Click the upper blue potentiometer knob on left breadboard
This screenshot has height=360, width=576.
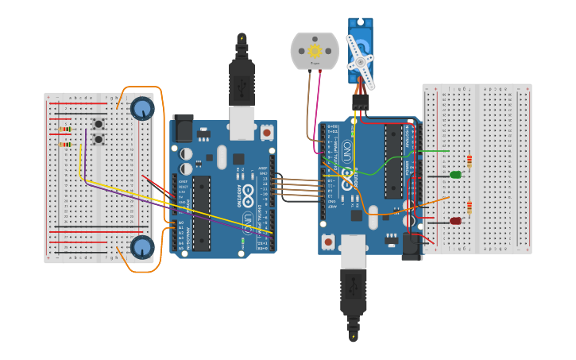pyautogui.click(x=142, y=108)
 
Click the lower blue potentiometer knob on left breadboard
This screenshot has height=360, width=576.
pyautogui.click(x=142, y=247)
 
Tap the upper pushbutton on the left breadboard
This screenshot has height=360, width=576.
pyautogui.click(x=99, y=124)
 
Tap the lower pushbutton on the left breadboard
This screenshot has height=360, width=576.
pyautogui.click(x=99, y=139)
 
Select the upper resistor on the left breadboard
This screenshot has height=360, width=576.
pyautogui.click(x=65, y=129)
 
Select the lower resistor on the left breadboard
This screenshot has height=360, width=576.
pyautogui.click(x=65, y=145)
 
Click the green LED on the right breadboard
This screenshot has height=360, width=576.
pyautogui.click(x=455, y=175)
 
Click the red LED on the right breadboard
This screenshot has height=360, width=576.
pyautogui.click(x=455, y=221)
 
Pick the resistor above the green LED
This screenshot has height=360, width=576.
pyautogui.click(x=469, y=161)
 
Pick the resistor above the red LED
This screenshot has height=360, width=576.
pyautogui.click(x=469, y=208)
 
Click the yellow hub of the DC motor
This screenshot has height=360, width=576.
pyautogui.click(x=315, y=51)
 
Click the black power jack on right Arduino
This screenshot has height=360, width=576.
pyautogui.click(x=411, y=246)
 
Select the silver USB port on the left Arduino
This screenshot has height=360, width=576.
pyautogui.click(x=242, y=123)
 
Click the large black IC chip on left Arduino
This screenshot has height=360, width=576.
pyautogui.click(x=202, y=213)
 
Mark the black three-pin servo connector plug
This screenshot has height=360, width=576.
pyautogui.click(x=361, y=103)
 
